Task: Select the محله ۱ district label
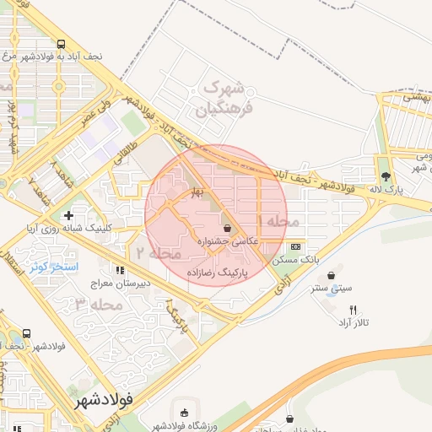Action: (x=282, y=220)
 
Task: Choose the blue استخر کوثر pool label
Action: (x=54, y=267)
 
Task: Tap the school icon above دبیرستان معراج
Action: (x=120, y=270)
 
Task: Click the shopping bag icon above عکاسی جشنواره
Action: (x=227, y=229)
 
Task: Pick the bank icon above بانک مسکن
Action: (x=294, y=247)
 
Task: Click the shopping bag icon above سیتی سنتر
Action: (x=330, y=274)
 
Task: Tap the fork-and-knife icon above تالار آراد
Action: (x=354, y=310)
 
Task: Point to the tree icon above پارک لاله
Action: (x=386, y=176)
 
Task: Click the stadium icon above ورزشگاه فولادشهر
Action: (x=185, y=413)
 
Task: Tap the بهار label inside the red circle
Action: (x=197, y=192)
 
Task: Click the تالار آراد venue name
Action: (x=356, y=323)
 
